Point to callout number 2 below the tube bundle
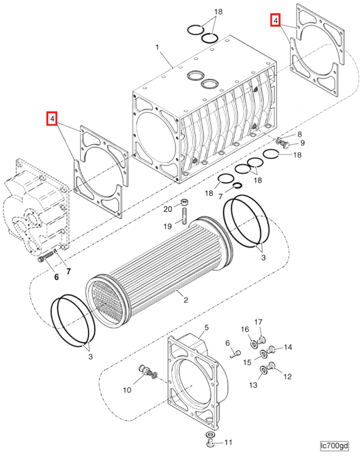coord(186,300)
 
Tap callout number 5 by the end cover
coord(207,327)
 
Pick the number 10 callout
coord(127,390)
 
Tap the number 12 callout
coord(287,377)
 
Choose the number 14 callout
coord(288,347)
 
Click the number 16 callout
coord(244,329)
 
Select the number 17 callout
coord(259,322)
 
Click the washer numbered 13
coord(263,370)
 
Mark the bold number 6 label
coord(56,277)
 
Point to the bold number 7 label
coord(68,272)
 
